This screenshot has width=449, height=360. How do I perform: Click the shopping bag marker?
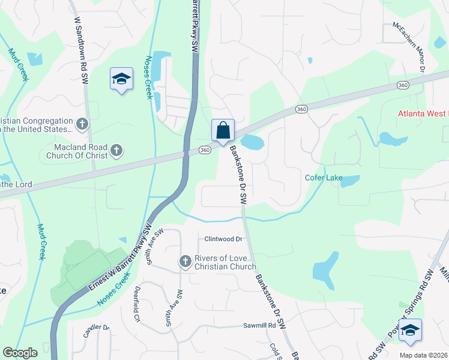coord(223,130)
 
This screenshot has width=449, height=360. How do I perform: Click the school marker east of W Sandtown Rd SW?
coord(121,79)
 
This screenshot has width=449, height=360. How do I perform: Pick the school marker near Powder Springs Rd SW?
coord(411,330)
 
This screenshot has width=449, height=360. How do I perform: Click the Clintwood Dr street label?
coord(223,239)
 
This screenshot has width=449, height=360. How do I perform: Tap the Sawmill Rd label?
coord(259,326)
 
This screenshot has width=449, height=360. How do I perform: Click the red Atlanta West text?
coord(423,113)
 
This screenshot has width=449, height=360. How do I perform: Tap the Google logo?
coord(19,353)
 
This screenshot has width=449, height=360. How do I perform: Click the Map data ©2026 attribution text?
coord(423,355)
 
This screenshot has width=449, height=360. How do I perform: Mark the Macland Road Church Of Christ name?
coord(77,151)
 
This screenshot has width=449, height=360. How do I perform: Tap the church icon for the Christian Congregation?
coord(82,124)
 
